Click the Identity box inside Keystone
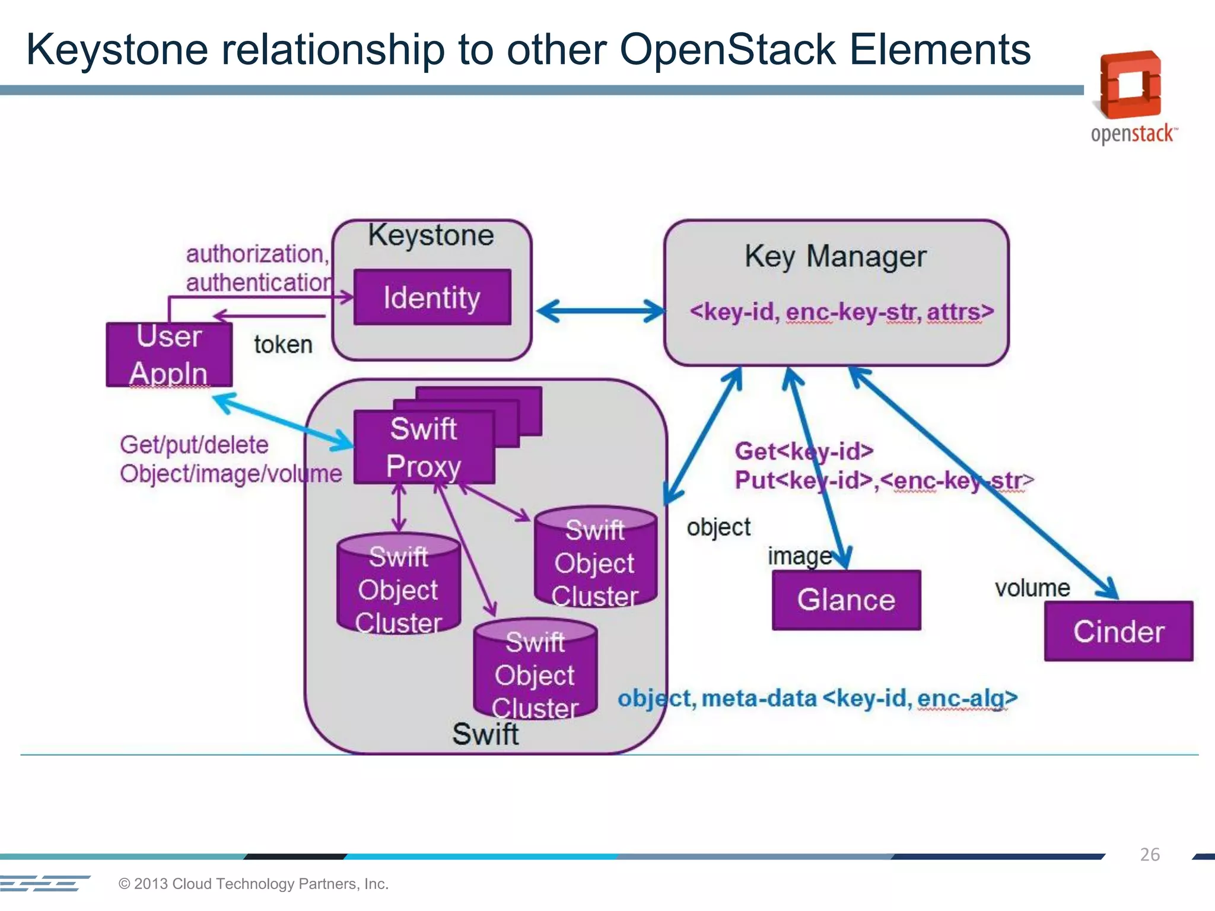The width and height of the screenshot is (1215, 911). [432, 297]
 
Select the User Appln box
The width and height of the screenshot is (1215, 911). [169, 355]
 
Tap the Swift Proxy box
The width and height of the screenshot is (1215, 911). [424, 447]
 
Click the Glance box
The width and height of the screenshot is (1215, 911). [846, 600]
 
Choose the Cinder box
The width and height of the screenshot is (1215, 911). [1118, 631]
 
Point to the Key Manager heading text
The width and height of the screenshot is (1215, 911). [835, 256]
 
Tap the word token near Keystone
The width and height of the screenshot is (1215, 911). [283, 345]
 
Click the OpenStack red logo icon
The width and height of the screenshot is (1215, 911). [1130, 84]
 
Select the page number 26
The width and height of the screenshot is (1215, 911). [1149, 855]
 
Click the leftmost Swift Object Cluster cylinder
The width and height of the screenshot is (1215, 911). [399, 584]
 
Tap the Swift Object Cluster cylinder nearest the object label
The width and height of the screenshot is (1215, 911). [595, 558]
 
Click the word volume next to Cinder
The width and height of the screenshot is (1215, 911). [1032, 588]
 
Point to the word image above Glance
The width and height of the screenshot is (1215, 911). [799, 556]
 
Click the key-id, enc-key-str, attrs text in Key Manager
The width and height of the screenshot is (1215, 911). [841, 312]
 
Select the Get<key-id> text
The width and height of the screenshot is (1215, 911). [804, 451]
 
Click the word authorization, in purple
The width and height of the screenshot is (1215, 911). [257, 254]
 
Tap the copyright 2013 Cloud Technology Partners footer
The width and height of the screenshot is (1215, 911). [253, 884]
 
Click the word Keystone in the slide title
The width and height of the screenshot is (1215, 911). [117, 49]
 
